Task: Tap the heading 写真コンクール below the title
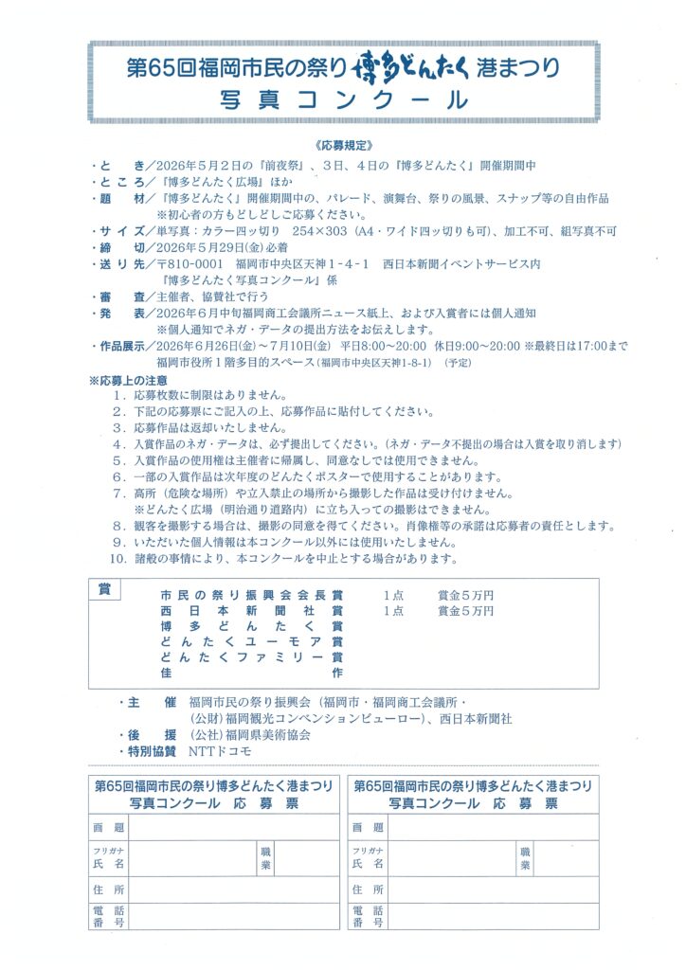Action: [343, 100]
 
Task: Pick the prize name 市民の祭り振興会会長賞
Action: [252, 596]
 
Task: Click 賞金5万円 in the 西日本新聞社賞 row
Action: [465, 611]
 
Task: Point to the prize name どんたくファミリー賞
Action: [252, 657]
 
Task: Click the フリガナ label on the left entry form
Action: [105, 851]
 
